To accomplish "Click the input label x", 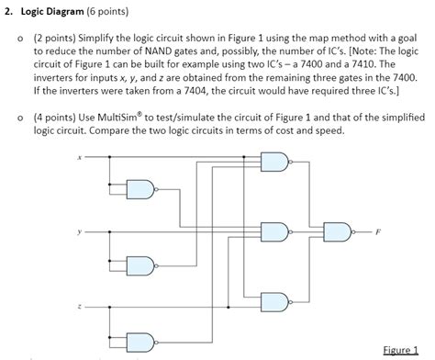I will [80, 157].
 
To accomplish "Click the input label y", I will [80, 231].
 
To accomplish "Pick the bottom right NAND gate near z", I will [274, 299].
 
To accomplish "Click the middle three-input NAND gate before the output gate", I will [274, 231].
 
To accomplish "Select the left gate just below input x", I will [140, 190].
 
